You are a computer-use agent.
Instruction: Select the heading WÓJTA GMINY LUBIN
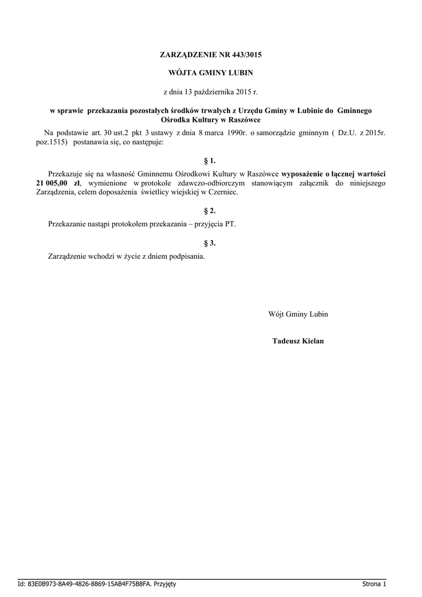tap(211, 73)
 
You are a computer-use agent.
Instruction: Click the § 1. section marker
tap(211, 160)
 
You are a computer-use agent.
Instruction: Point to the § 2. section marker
tap(211, 210)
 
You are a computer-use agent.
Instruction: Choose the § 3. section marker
tap(211, 243)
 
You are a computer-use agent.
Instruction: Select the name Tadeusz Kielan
tap(298, 341)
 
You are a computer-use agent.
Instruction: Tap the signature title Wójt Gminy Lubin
tap(298, 314)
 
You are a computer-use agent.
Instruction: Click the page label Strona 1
tap(374, 584)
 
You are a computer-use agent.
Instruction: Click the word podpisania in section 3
tap(186, 257)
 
